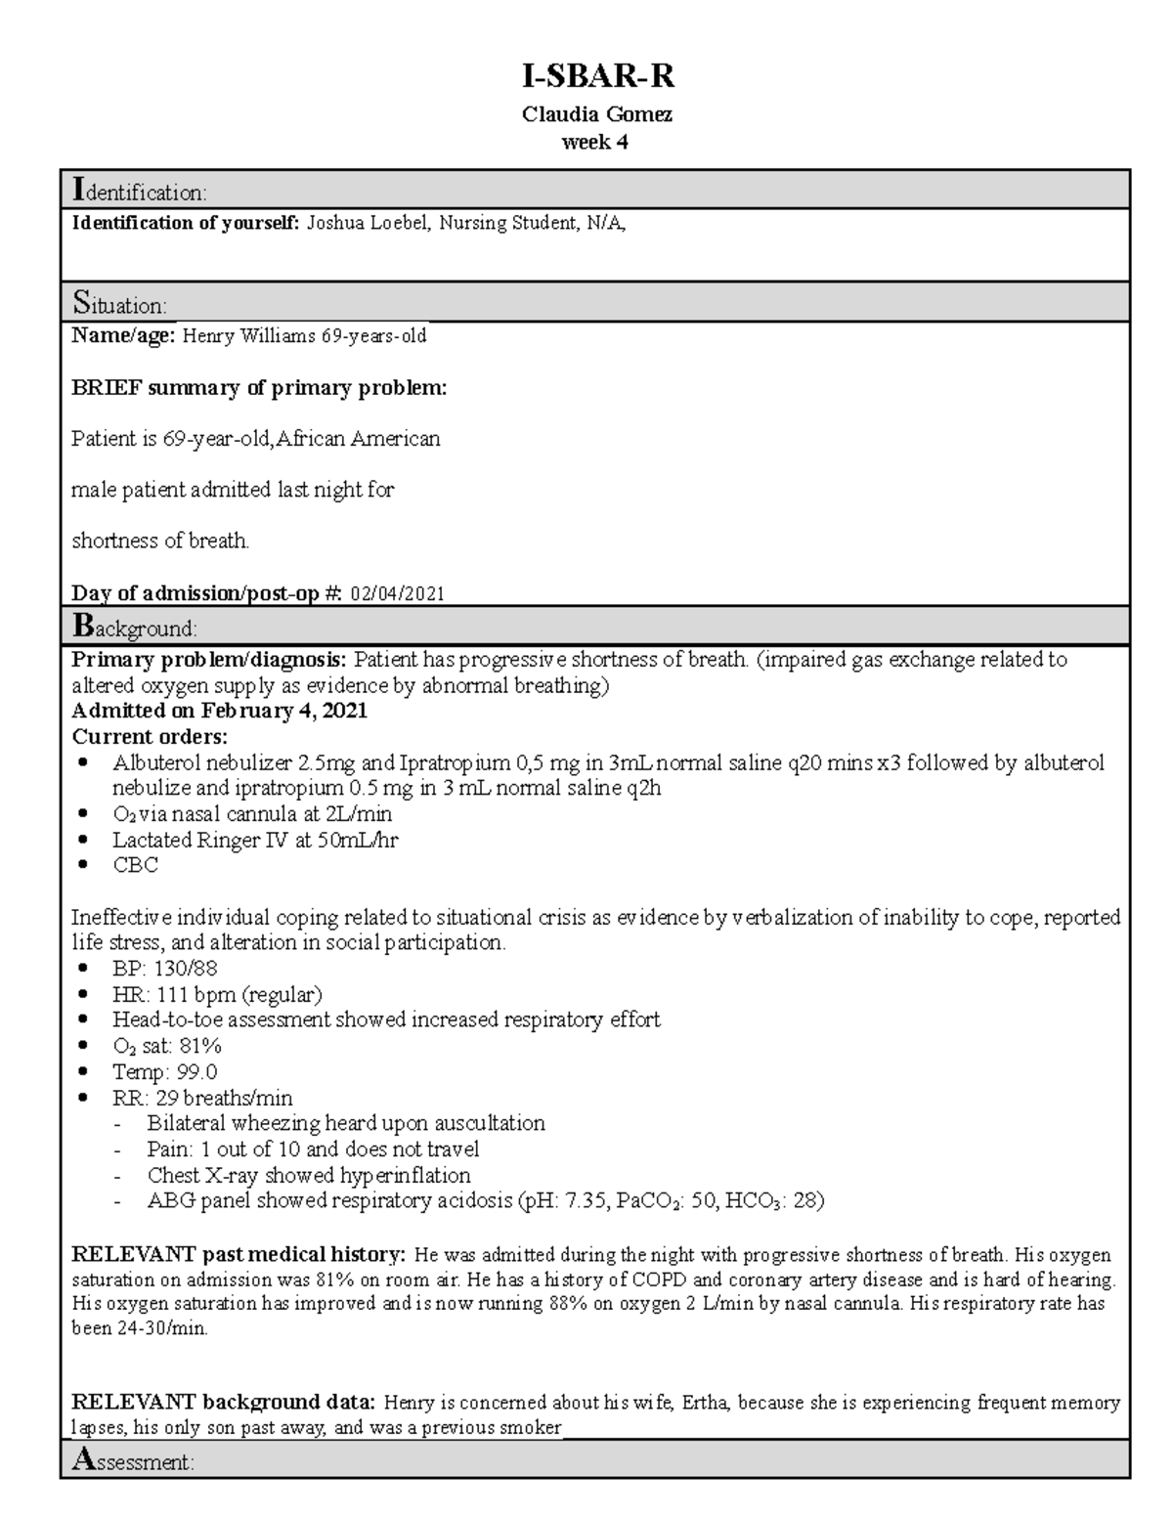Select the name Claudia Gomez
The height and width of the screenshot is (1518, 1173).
pyautogui.click(x=596, y=114)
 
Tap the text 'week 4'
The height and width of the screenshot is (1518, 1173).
pyautogui.click(x=594, y=142)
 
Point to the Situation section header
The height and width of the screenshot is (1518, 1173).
pyautogui.click(x=119, y=304)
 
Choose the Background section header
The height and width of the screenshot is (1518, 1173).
pyautogui.click(x=135, y=627)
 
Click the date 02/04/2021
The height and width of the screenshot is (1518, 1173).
pyautogui.click(x=397, y=593)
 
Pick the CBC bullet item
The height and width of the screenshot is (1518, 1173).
pyautogui.click(x=135, y=865)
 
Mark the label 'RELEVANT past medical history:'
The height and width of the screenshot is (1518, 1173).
pyautogui.click(x=239, y=1254)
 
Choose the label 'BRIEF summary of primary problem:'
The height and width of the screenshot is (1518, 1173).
pyautogui.click(x=259, y=388)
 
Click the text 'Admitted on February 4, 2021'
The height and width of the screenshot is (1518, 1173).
pyautogui.click(x=219, y=711)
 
